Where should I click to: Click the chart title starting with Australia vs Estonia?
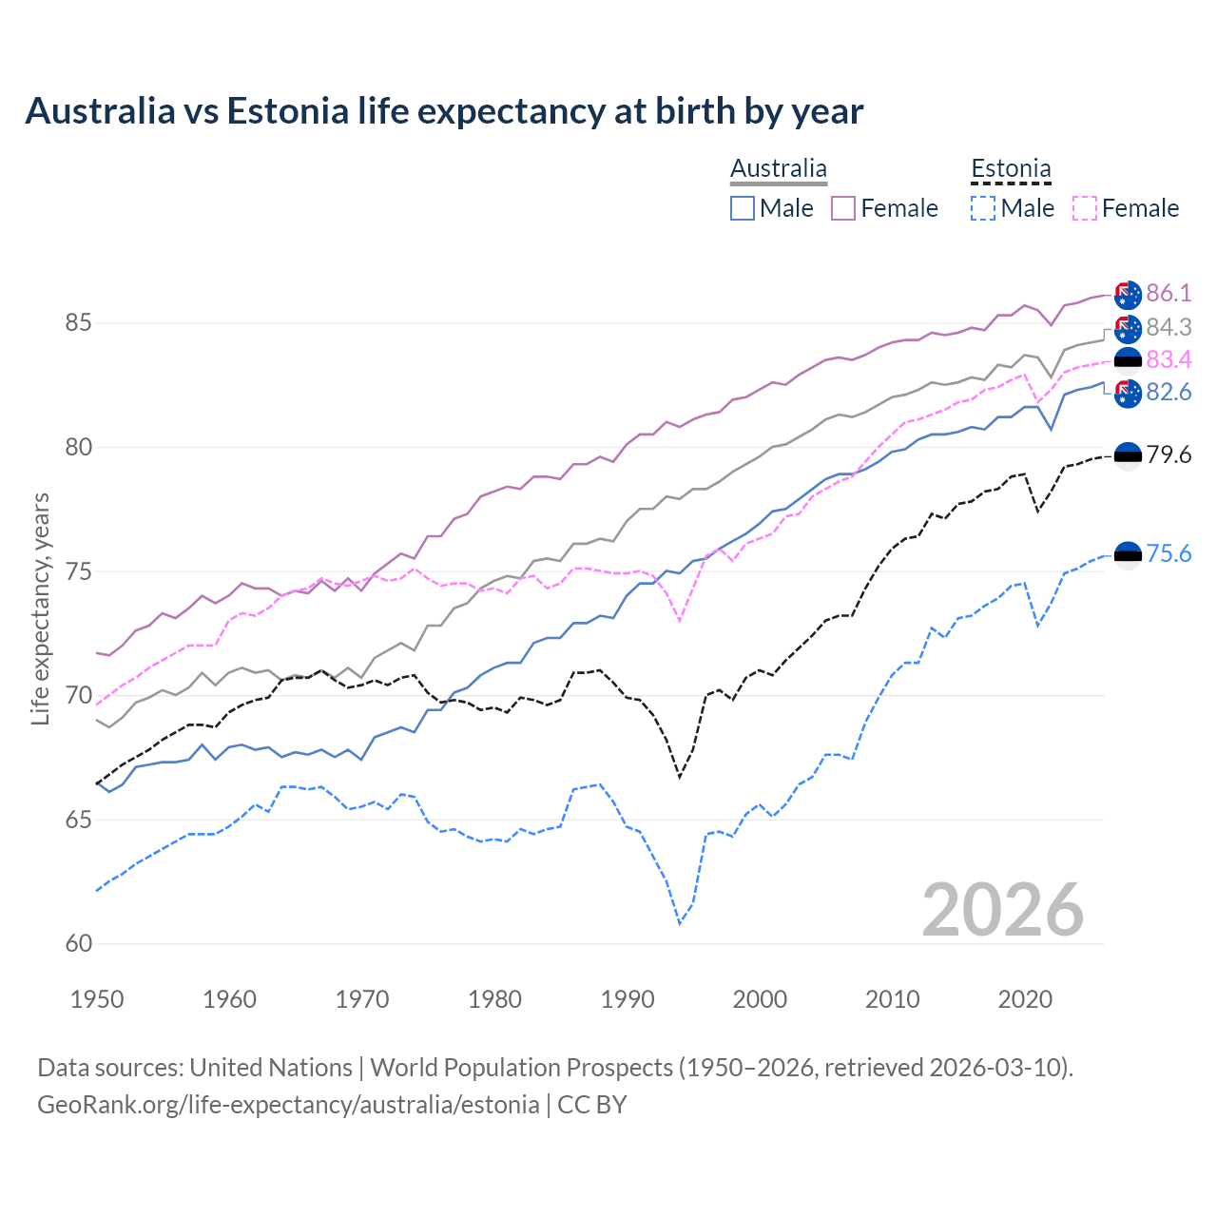pos(444,111)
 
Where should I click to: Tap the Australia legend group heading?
pos(778,169)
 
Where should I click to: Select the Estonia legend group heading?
pos(1011,169)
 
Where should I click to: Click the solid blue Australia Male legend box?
pos(743,208)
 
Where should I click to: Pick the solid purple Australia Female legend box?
pos(843,208)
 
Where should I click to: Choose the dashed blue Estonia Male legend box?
pos(983,208)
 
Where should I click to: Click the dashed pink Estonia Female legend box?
pos(1084,208)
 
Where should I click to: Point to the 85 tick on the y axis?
pos(78,323)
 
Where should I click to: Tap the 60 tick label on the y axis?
pos(78,944)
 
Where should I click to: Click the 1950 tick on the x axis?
pos(97,999)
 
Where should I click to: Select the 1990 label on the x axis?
pos(628,999)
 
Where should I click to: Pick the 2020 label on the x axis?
pos(1025,999)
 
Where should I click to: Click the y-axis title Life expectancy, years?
pos(40,608)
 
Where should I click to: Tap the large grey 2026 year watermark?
pos(1002,910)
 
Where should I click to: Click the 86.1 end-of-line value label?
pos(1169,293)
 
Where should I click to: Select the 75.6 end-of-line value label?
pos(1169,553)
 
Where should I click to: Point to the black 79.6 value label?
pos(1169,454)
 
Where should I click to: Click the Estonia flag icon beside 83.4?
pos(1128,360)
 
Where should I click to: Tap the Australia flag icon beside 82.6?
pos(1128,393)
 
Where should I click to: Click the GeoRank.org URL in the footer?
pos(288,1105)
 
